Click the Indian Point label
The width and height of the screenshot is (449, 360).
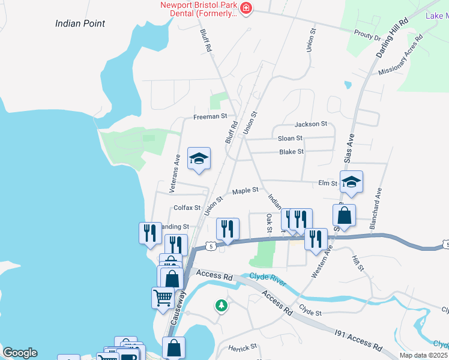[80, 23]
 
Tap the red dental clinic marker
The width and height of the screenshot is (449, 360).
[246, 8]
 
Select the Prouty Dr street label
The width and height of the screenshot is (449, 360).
[367, 37]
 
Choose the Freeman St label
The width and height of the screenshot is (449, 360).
[210, 116]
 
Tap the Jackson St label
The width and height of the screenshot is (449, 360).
[310, 124]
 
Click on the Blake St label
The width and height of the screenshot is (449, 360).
[292, 152]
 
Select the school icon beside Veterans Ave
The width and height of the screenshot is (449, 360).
[199, 158]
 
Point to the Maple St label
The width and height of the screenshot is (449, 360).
[245, 190]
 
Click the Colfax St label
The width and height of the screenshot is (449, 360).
[186, 208]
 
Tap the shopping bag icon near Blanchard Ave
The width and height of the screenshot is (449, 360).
[345, 215]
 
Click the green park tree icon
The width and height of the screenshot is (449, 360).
[221, 305]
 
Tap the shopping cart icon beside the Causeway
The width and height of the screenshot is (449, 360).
[163, 297]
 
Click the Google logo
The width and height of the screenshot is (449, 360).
[20, 353]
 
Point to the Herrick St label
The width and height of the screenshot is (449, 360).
[243, 347]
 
